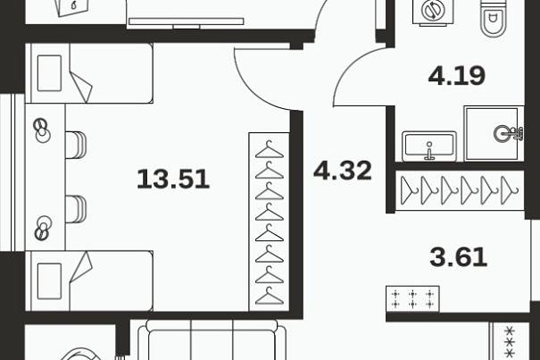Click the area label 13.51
(173, 179)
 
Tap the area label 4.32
(343, 171)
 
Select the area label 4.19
(457, 76)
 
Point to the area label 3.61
(459, 257)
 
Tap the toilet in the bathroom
(494, 18)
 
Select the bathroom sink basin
(429, 147)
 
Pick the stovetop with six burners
(412, 299)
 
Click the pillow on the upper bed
(49, 73)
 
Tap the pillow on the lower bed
(49, 281)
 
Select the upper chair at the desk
(75, 145)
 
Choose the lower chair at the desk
(75, 209)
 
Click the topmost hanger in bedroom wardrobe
(270, 150)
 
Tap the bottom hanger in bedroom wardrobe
(270, 297)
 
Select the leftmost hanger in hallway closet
(409, 190)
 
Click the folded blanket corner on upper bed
(82, 88)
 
